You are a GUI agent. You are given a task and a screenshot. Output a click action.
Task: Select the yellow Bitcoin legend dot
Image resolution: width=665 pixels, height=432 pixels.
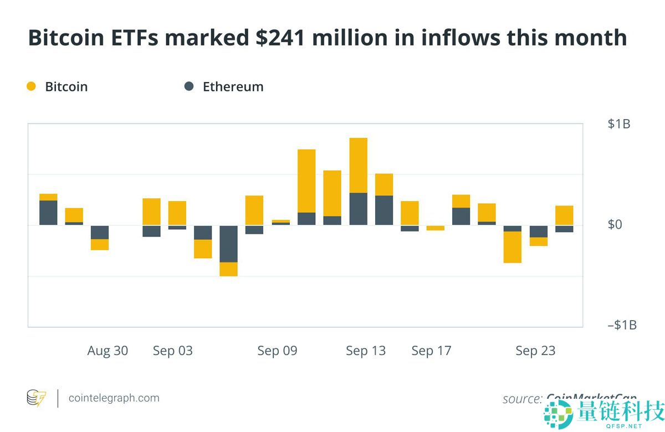31,86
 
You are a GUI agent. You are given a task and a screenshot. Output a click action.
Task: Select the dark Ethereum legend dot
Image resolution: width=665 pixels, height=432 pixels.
189,86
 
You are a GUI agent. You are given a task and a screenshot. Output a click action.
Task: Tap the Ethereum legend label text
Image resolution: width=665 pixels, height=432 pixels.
233,86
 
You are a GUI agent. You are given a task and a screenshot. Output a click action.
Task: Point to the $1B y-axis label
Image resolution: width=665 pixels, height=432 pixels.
618,124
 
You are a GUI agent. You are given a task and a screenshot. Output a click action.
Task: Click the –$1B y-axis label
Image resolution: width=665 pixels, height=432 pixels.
622,325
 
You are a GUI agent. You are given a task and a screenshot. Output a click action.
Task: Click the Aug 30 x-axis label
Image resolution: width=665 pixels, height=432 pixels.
108,351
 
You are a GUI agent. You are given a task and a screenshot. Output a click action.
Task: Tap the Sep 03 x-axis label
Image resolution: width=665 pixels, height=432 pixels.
173,351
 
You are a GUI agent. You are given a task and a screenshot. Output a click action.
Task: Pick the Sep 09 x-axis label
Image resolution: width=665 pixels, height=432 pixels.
277,351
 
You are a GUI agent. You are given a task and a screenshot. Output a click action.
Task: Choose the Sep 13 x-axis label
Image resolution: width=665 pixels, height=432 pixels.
366,351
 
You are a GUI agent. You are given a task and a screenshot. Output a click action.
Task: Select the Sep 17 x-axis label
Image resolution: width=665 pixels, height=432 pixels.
431,351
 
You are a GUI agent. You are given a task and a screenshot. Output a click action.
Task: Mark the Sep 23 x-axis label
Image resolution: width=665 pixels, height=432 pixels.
535,351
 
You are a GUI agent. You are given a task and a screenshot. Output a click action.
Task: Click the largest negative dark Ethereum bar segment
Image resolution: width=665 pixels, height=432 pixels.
229,244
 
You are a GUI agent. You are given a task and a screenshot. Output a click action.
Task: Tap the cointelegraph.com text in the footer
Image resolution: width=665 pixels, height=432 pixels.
114,398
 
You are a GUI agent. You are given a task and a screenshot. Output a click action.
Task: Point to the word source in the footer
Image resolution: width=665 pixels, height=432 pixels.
521,399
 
